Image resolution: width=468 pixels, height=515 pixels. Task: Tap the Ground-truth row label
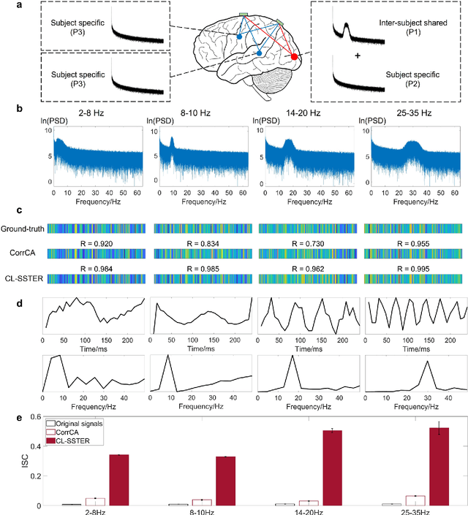point(23,228)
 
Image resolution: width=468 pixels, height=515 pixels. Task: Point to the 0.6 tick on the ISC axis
point(33,417)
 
